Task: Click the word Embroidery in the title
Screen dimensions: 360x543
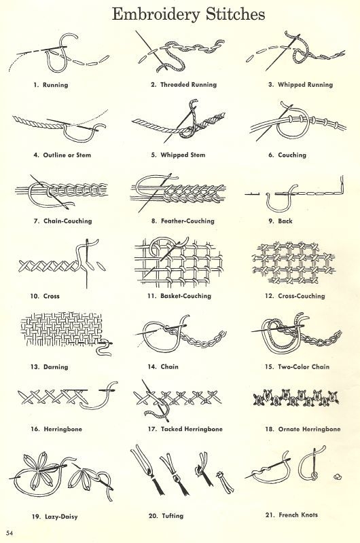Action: pyautogui.click(x=156, y=15)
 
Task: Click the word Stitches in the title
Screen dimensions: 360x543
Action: pyautogui.click(x=236, y=14)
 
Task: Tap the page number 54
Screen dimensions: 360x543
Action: pyautogui.click(x=10, y=533)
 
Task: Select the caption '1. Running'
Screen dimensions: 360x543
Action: pyautogui.click(x=50, y=85)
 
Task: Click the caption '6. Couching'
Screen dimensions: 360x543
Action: pyautogui.click(x=287, y=155)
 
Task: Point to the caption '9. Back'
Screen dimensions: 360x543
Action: pyautogui.click(x=281, y=221)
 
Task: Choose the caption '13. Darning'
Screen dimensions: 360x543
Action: pyautogui.click(x=49, y=367)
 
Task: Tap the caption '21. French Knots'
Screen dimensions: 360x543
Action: pyautogui.click(x=291, y=515)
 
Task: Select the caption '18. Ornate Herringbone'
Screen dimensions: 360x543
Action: pyautogui.click(x=303, y=429)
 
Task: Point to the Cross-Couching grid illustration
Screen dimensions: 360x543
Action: pyautogui.click(x=293, y=263)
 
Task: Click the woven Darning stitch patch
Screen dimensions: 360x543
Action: pyautogui.click(x=62, y=329)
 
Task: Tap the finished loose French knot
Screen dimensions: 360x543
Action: pyautogui.click(x=337, y=476)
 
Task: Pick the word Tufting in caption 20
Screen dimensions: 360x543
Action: pyautogui.click(x=173, y=516)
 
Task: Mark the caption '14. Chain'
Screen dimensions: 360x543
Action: pyautogui.click(x=163, y=367)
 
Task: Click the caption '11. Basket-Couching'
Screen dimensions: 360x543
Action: pyautogui.click(x=179, y=296)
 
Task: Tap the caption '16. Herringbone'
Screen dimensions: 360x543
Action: pyautogui.click(x=56, y=429)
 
